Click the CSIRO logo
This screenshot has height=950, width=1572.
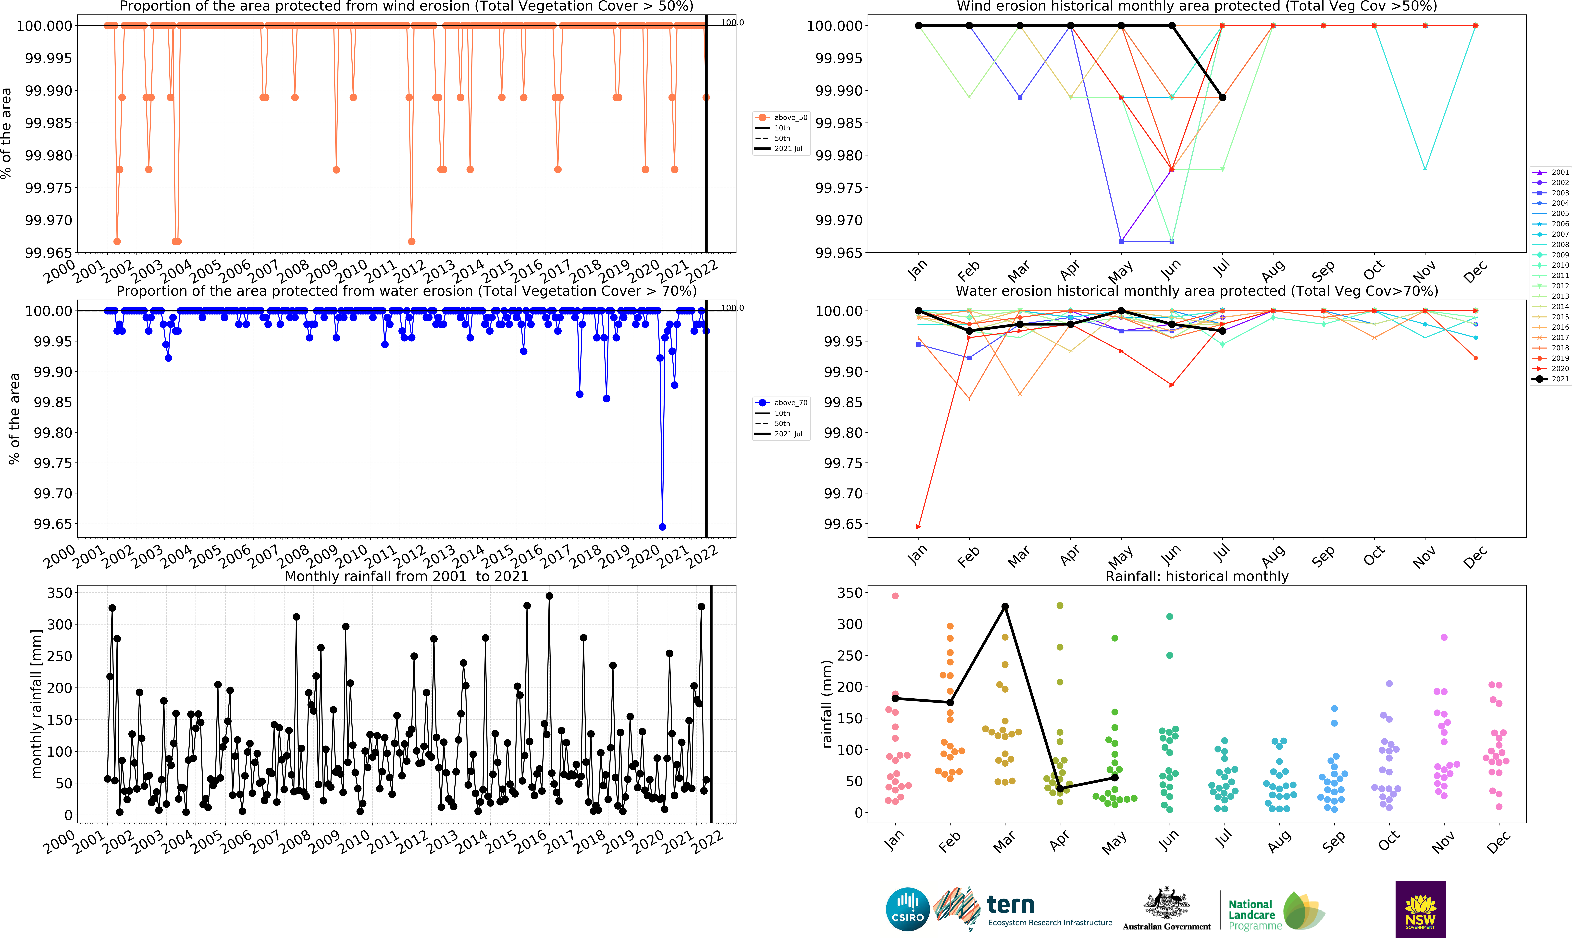907,909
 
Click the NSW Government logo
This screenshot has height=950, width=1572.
1420,909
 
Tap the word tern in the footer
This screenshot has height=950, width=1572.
1011,905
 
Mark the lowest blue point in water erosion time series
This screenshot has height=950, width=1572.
662,527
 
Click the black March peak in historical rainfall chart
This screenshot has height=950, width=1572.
1005,607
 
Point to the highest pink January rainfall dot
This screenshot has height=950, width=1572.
895,596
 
